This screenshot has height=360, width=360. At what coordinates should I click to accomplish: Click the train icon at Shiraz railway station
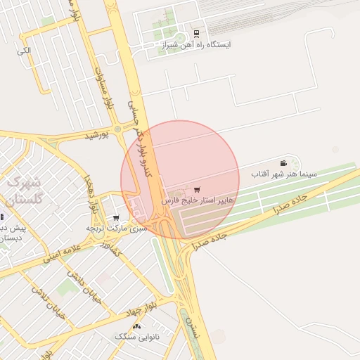click(x=195, y=33)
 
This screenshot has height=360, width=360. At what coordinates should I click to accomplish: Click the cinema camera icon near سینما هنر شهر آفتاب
click(x=283, y=162)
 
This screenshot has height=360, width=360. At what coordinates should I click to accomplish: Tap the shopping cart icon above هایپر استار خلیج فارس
click(x=196, y=190)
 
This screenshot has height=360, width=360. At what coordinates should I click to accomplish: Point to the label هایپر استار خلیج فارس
click(x=198, y=201)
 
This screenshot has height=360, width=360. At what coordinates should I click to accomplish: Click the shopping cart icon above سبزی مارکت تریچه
click(x=115, y=217)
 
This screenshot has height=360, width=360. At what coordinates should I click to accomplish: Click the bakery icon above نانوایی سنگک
click(x=136, y=327)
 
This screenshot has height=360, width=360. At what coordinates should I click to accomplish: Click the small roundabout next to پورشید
click(x=117, y=129)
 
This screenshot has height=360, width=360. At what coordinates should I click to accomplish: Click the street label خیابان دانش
click(x=85, y=288)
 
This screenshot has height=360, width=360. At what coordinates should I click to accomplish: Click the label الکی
click(x=24, y=51)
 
